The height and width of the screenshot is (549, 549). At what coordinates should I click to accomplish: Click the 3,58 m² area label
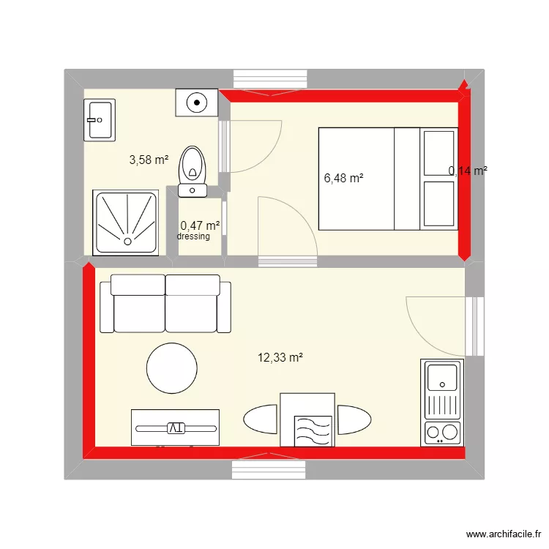click(149, 159)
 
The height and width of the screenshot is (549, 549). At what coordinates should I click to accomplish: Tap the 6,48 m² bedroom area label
click(343, 177)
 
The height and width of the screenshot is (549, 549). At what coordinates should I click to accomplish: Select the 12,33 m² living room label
click(280, 357)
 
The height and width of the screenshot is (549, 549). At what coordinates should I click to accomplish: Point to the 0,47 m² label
click(200, 226)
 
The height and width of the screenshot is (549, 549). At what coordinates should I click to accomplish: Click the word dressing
click(193, 236)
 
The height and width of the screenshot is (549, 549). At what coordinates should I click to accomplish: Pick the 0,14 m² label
click(468, 171)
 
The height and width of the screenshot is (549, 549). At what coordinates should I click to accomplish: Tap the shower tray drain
click(127, 241)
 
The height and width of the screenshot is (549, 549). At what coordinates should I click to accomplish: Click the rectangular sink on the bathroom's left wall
click(99, 120)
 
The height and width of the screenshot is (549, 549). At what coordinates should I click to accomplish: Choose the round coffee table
click(172, 368)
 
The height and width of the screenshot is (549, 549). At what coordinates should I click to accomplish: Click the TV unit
click(175, 427)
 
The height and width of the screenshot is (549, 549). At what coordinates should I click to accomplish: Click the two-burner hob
click(442, 433)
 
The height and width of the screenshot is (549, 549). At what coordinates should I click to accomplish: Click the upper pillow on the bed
click(439, 152)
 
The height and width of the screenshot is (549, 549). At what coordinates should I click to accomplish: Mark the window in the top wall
click(270, 79)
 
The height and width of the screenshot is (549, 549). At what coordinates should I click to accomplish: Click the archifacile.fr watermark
click(501, 535)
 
